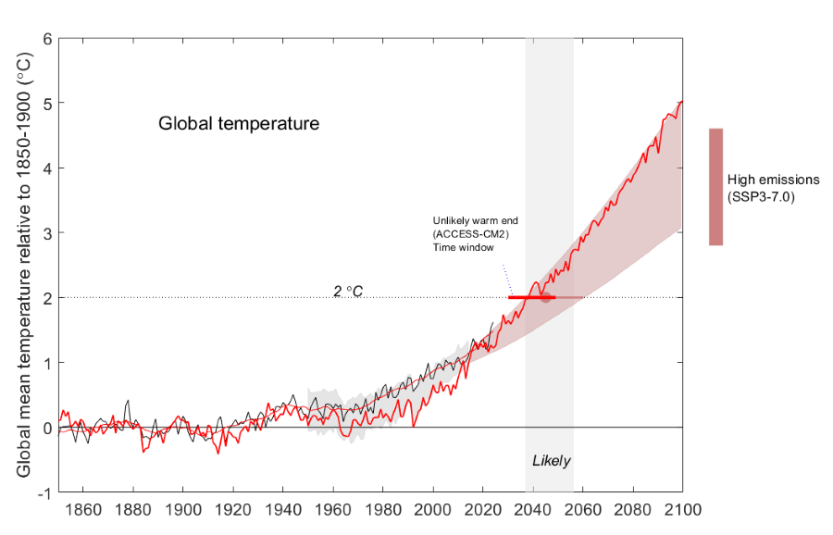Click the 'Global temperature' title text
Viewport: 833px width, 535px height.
coord(238,122)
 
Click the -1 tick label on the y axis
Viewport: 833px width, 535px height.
coord(44,491)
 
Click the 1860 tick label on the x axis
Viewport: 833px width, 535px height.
coord(83,510)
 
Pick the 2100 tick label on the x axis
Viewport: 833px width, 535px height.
coord(682,510)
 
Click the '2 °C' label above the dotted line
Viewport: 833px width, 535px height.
coord(348,291)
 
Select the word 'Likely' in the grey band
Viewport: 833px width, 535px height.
coord(551,460)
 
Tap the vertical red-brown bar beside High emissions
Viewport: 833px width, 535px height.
coord(715,187)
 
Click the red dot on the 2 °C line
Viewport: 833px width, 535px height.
coord(546,297)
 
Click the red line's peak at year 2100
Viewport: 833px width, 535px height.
coord(681,102)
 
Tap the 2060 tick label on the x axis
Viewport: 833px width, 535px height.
coord(583,510)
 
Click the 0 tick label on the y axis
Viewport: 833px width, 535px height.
coord(46,427)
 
